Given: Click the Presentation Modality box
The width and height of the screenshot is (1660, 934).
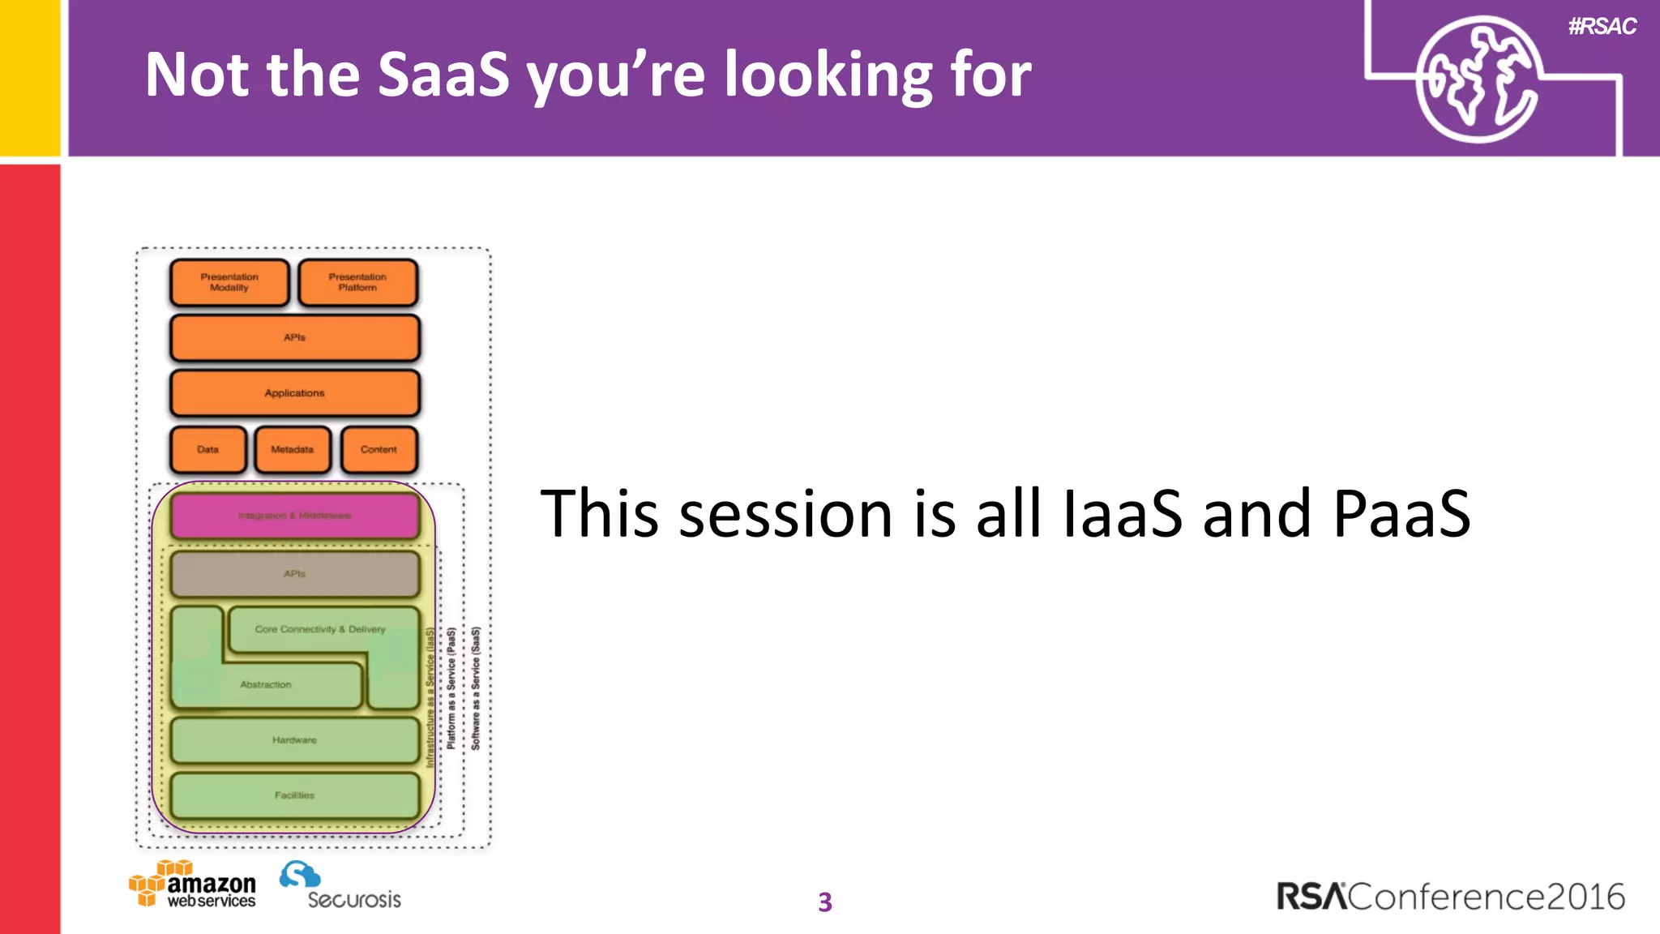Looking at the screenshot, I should tap(229, 282).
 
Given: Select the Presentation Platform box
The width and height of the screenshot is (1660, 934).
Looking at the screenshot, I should tap(357, 282).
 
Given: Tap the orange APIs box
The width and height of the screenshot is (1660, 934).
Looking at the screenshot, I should tap(294, 337).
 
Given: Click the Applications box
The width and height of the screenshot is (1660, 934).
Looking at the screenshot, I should tap(294, 393).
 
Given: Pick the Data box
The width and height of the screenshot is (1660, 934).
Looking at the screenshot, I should tap(208, 449).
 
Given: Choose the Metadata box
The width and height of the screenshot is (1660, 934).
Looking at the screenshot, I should tap(293, 449).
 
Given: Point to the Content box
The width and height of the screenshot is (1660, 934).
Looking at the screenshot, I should tap(379, 449).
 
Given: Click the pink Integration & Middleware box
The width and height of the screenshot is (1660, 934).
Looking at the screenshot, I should tap(294, 516).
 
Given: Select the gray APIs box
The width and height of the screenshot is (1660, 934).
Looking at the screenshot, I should tap(294, 574).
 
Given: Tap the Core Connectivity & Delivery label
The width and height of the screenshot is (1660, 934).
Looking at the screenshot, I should tap(320, 629).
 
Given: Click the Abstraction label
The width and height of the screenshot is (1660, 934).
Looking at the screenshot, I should tap(266, 685).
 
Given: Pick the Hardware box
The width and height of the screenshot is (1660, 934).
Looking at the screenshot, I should tap(294, 740).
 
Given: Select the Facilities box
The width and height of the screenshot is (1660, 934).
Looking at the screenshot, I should tap(294, 795).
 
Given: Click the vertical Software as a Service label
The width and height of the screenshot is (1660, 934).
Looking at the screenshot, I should tap(476, 688).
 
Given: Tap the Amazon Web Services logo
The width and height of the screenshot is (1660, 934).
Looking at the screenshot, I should tap(193, 885).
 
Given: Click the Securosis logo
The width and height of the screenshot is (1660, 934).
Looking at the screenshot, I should tap(340, 886).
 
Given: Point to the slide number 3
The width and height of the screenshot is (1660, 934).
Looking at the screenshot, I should tap(825, 902).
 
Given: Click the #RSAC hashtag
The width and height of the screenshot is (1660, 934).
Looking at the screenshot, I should tap(1602, 27).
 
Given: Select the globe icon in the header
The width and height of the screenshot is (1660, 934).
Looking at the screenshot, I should tap(1478, 79).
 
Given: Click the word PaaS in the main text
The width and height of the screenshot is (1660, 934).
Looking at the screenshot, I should tap(1401, 514).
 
